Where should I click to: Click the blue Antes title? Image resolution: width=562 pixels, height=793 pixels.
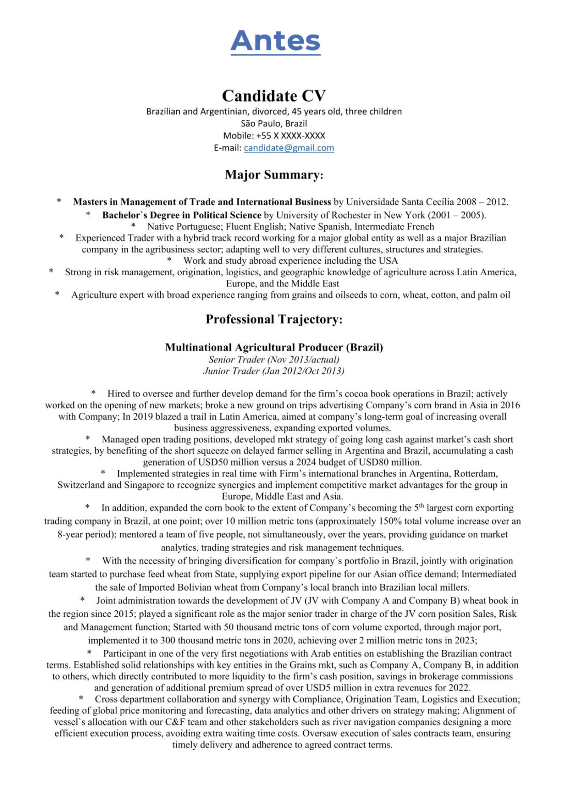pos(275,41)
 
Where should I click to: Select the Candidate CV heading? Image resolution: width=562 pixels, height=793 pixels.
pos(274,96)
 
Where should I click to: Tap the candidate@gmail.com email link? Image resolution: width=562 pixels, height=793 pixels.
pos(289,148)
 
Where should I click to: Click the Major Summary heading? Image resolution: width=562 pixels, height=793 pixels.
pos(274,175)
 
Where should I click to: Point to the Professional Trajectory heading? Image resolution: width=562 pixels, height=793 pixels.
pos(274,319)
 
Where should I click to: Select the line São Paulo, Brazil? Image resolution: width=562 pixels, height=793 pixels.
pos(274,123)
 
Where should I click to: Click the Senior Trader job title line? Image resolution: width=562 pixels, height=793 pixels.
pos(274,359)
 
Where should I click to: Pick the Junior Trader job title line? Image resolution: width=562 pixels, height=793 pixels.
pos(274,371)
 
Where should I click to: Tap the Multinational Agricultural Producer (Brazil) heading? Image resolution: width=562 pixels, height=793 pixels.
pos(274,347)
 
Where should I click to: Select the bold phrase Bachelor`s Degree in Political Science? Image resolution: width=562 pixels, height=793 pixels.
pos(181,215)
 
